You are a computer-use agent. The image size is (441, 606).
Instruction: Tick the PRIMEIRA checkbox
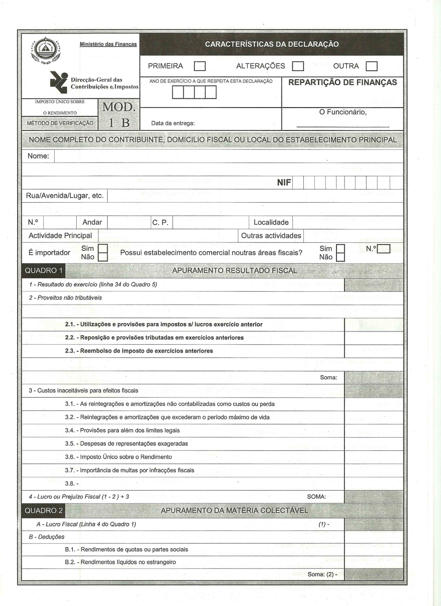[x=200, y=66]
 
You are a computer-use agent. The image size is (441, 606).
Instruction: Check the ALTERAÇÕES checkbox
[x=298, y=66]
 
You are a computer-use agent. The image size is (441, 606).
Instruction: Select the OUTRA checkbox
[x=372, y=66]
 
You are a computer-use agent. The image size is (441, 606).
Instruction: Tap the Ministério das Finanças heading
[x=108, y=44]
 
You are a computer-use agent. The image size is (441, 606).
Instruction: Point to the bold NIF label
[x=284, y=182]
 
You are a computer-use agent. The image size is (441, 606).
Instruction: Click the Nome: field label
[x=38, y=156]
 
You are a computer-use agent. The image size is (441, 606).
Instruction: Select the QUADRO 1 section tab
[x=44, y=270]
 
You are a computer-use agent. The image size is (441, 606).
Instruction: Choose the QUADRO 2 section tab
[x=44, y=510]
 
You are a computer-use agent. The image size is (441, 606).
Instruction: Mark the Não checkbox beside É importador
[x=103, y=257]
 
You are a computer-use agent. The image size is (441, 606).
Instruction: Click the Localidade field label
[x=271, y=223]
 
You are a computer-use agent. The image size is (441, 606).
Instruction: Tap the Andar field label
[x=92, y=223]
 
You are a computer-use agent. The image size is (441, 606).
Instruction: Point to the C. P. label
[x=160, y=223]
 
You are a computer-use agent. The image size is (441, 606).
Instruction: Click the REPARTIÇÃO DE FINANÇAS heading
[x=342, y=82]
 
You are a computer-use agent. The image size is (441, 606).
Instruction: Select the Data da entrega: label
[x=173, y=123]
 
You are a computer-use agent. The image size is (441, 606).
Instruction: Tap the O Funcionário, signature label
[x=343, y=112]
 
